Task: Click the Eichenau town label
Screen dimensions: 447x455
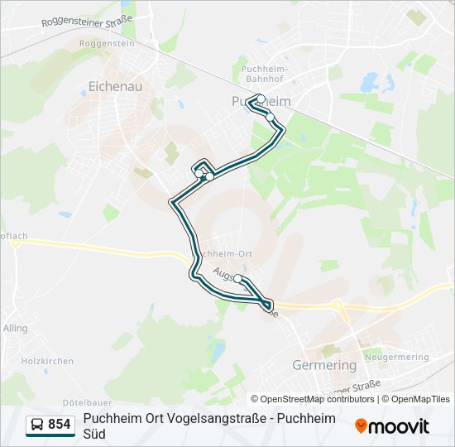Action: pos(117,84)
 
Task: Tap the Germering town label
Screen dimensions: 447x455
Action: pos(324,364)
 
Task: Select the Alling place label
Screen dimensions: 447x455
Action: pos(15,329)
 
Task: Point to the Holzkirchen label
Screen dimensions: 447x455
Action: pos(47,361)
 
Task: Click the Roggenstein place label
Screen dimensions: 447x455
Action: pos(106,42)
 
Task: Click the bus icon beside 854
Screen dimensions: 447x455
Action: pos(37,425)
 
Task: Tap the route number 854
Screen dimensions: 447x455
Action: pos(60,425)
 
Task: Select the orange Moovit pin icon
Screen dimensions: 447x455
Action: pos(362,426)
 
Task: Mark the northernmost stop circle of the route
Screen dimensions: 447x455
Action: pos(261,99)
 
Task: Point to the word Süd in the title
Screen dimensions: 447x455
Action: pos(94,434)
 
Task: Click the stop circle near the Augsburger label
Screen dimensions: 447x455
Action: pos(238,279)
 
